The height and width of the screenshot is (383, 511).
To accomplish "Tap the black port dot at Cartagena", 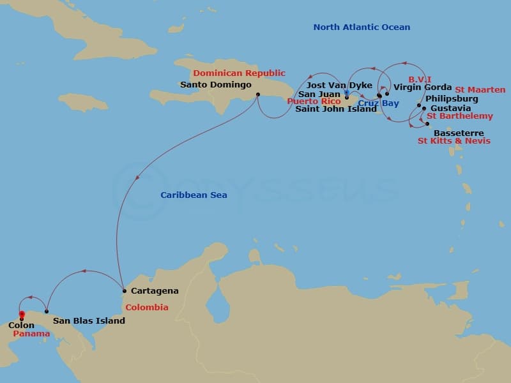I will pyautogui.click(x=124, y=291).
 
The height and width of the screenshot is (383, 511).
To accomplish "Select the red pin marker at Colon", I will pyautogui.click(x=22, y=314).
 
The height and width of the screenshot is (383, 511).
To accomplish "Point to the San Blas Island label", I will pyautogui.click(x=89, y=320).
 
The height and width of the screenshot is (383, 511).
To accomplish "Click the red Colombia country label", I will pyautogui.click(x=147, y=308).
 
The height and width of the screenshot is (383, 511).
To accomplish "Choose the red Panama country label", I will pyautogui.click(x=31, y=334).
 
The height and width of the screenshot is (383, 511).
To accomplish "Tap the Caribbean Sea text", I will pyautogui.click(x=194, y=195).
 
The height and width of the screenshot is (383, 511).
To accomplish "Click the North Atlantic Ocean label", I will pyautogui.click(x=362, y=27).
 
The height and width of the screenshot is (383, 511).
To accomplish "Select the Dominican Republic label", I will pyautogui.click(x=240, y=73).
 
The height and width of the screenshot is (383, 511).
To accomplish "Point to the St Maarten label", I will pyautogui.click(x=480, y=90).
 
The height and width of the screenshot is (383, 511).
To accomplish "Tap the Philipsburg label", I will pyautogui.click(x=451, y=99).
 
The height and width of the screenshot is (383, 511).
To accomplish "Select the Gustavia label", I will pyautogui.click(x=451, y=109).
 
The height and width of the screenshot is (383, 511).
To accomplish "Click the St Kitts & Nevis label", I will pyautogui.click(x=454, y=140).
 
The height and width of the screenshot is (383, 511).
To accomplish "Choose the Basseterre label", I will pyautogui.click(x=459, y=133).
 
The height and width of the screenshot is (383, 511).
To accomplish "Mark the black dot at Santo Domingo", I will pyautogui.click(x=257, y=95).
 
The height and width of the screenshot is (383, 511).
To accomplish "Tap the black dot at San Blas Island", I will pyautogui.click(x=47, y=312).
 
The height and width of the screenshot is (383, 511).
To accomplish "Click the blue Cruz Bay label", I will pyautogui.click(x=378, y=103).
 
